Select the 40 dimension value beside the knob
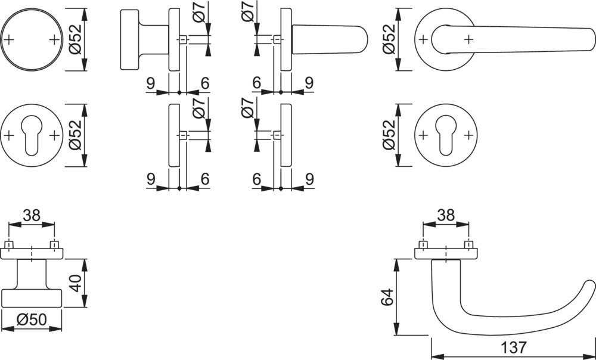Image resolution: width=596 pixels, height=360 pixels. pos(74,283)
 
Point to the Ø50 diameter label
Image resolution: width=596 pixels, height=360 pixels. pos(32,320)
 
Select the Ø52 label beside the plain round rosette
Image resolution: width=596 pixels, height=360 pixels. pos(74,40)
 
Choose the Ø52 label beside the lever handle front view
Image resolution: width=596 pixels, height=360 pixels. pos(389,40)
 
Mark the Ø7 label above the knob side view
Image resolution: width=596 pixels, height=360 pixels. pos(200,13)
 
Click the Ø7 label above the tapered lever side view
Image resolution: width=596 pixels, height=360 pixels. pos(247,13)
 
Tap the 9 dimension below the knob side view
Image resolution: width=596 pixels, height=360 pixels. pos(150,83)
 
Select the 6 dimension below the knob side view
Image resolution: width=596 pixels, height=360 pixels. pos(204,83)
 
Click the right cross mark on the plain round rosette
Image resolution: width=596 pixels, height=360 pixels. pos(55,40)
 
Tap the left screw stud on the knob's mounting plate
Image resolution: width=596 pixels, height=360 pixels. pos(10,244)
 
